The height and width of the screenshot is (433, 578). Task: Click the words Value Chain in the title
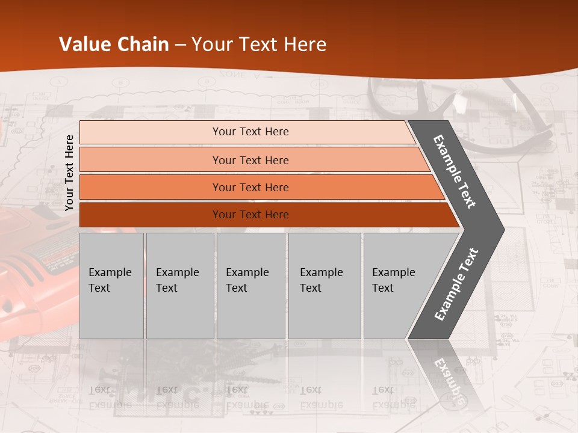pyautogui.click(x=114, y=45)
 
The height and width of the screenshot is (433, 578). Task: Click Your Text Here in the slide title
pyautogui.click(x=259, y=45)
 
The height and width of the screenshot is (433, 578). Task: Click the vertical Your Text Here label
pyautogui.click(x=69, y=173)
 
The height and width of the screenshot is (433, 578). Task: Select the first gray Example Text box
pyautogui.click(x=111, y=286)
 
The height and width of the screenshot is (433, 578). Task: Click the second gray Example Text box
pyautogui.click(x=180, y=286)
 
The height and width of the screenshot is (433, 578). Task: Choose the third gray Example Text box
pyautogui.click(x=250, y=286)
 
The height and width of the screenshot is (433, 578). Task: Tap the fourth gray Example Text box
pyautogui.click(x=325, y=286)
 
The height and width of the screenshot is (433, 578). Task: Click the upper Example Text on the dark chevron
pyautogui.click(x=455, y=171)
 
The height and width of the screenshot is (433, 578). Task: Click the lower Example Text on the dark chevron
pyautogui.click(x=456, y=284)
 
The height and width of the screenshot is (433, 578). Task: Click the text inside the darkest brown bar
pyautogui.click(x=250, y=215)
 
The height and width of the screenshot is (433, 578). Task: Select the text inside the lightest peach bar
pyautogui.click(x=250, y=132)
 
